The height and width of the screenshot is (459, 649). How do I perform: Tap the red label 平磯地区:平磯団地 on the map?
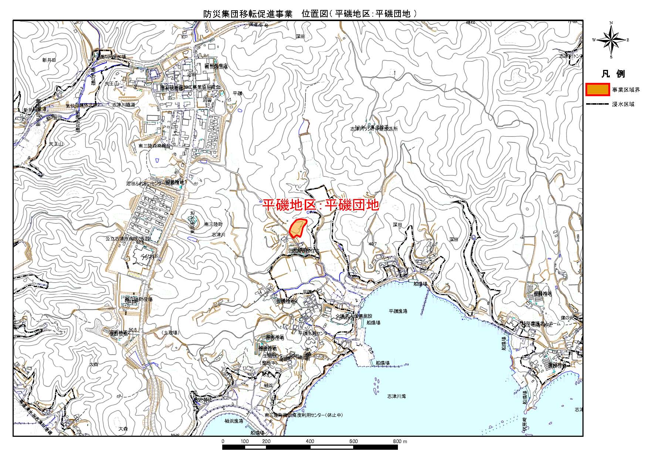click(x=321, y=205)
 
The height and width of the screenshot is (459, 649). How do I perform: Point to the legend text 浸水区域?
click(x=623, y=104)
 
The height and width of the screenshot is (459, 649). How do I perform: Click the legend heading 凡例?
click(x=613, y=74)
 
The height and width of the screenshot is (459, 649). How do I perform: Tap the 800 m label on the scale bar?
click(x=400, y=441)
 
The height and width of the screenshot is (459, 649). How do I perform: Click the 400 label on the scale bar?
click(x=310, y=441)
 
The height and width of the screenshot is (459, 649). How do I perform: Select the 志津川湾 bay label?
click(x=397, y=396)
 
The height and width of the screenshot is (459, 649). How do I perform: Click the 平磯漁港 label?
click(x=398, y=311)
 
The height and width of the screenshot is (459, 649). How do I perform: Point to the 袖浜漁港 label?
click(x=234, y=421)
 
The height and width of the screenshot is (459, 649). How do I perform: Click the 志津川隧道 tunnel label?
click(x=124, y=105)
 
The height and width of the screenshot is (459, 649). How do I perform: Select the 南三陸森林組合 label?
click(x=154, y=146)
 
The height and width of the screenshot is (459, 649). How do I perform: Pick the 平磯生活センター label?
click(x=315, y=333)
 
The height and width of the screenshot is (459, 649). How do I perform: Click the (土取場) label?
click(x=170, y=333)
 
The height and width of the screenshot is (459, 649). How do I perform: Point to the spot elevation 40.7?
click(x=372, y=244)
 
